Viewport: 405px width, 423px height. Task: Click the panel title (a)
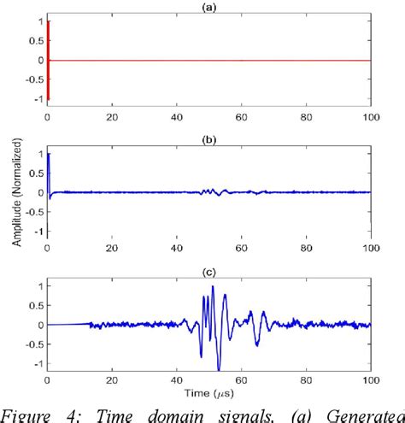(x=208, y=7)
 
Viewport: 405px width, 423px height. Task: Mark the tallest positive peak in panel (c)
(x=213, y=288)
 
